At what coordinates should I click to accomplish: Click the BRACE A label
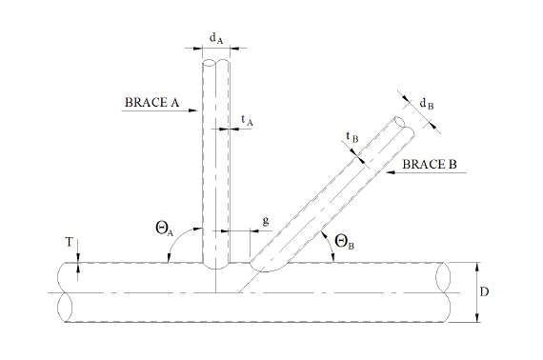[x=151, y=103]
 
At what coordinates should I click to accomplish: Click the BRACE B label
[x=430, y=164]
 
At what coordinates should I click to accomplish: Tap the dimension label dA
[x=216, y=38]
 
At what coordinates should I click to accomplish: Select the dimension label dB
[x=427, y=104]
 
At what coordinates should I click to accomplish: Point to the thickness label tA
[x=248, y=120]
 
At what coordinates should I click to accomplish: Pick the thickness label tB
[x=352, y=137]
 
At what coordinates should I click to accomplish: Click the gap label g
[x=266, y=221]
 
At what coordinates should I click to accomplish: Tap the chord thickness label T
[x=70, y=242]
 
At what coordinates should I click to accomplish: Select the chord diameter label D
[x=484, y=292]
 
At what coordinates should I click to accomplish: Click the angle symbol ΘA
[x=165, y=229]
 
